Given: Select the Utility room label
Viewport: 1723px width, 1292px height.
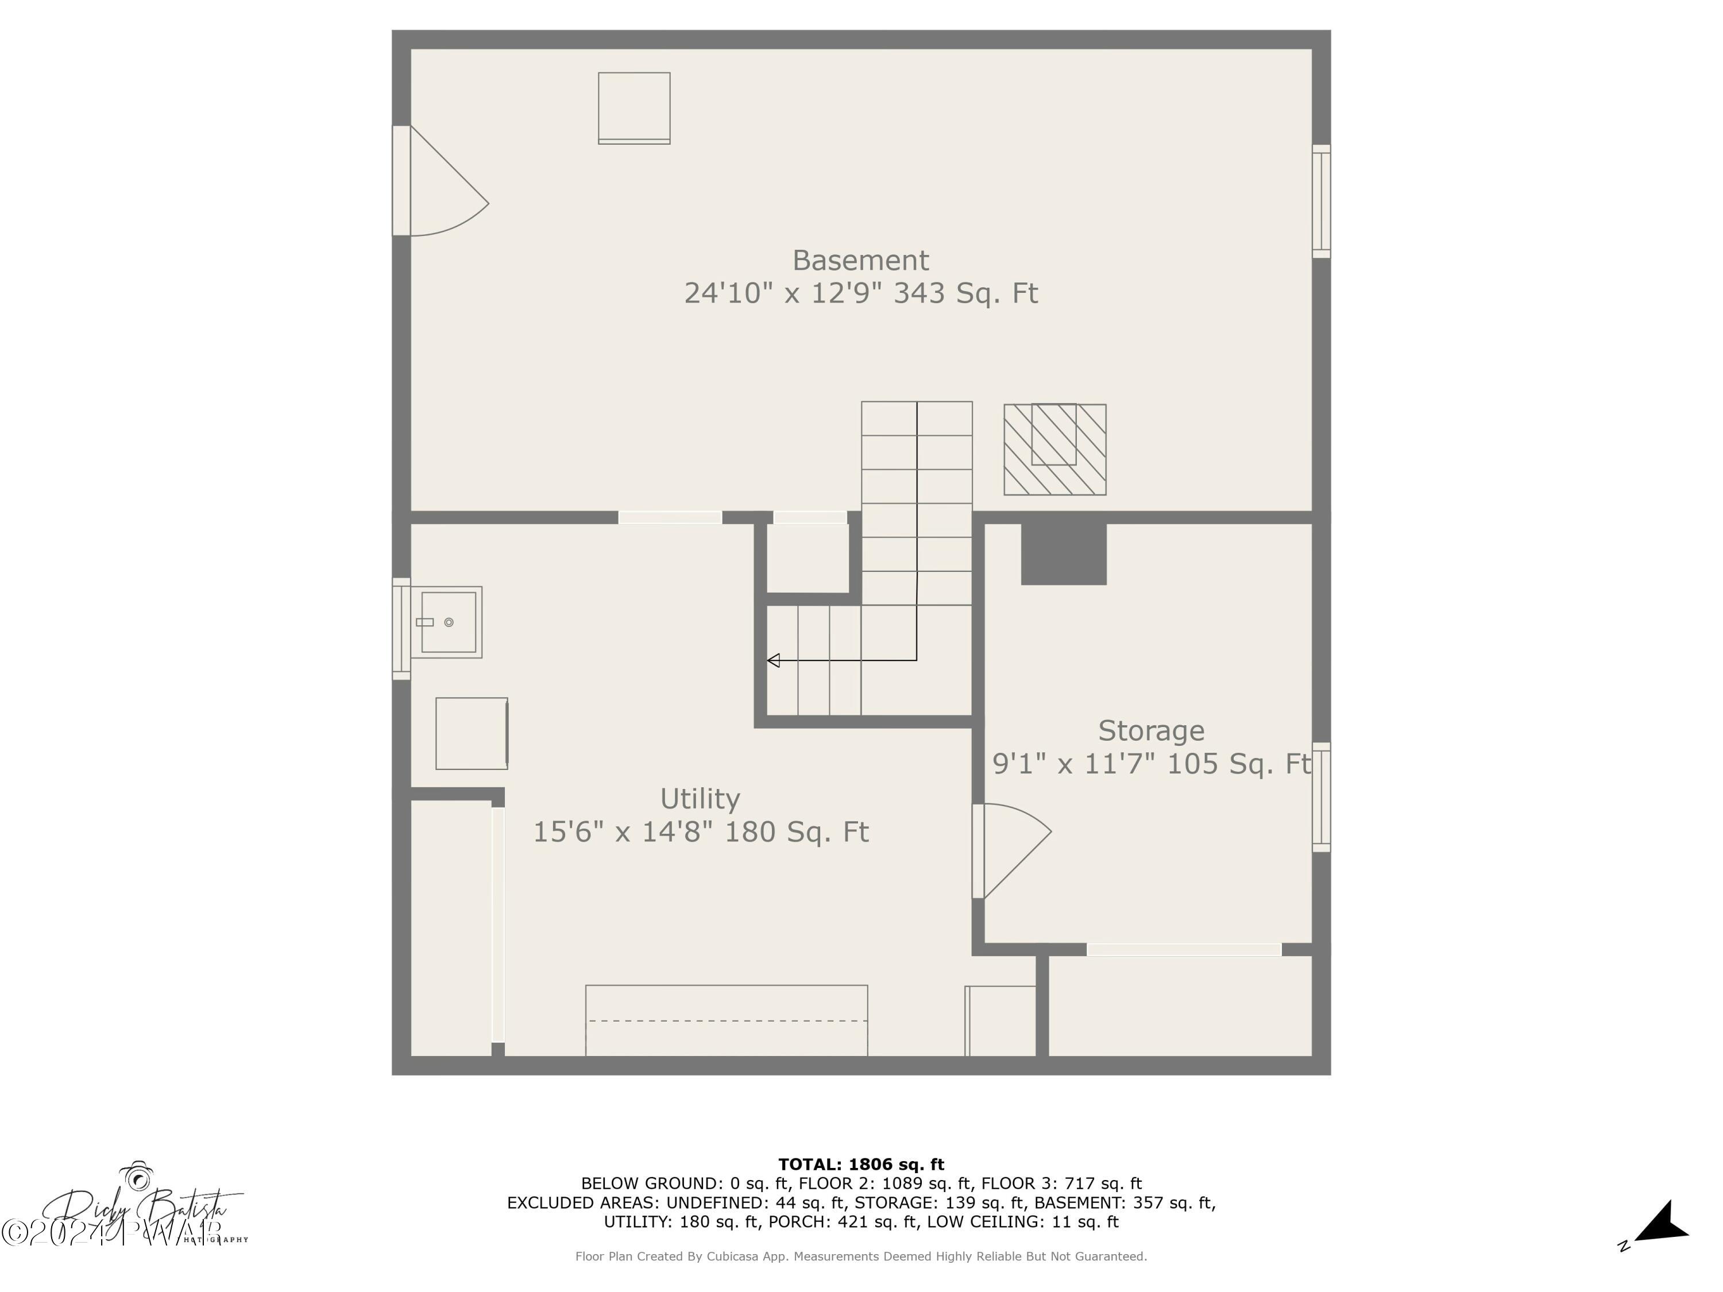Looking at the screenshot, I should click(x=700, y=799).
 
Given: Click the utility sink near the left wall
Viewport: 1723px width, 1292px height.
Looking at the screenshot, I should click(x=447, y=622).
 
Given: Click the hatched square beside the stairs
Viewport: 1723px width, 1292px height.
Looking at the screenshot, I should click(x=1054, y=450).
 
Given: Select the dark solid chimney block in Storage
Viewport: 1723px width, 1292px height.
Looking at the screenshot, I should click(x=1063, y=554).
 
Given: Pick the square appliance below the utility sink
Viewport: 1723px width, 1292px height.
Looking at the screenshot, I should click(x=472, y=734).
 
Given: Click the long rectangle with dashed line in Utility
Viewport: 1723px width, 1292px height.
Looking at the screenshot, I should click(x=726, y=1020).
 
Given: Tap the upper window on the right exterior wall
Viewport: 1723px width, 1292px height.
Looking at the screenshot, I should click(x=1321, y=201).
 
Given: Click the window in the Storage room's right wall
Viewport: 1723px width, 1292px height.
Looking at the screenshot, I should click(x=1321, y=796).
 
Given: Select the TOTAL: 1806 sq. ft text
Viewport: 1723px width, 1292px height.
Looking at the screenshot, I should click(x=861, y=1165).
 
